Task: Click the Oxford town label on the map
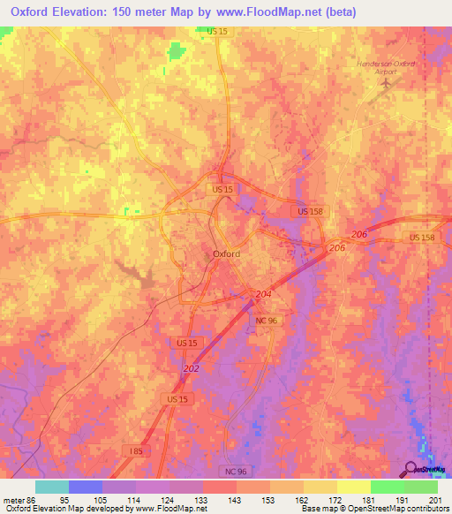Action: [227, 253]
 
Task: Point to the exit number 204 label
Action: [263, 293]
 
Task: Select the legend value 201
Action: [433, 499]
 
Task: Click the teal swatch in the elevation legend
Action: [52, 487]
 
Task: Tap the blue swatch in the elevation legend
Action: [86, 487]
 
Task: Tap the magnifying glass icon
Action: [412, 470]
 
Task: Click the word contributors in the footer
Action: [426, 509]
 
